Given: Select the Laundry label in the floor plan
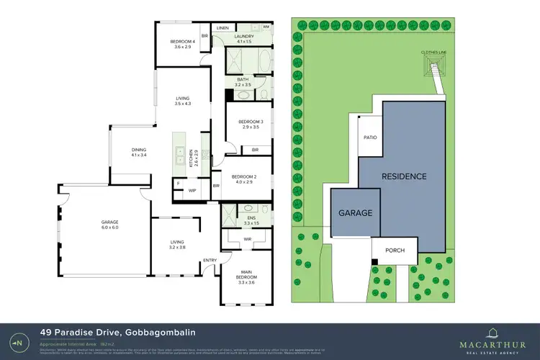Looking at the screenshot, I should (x=246, y=38).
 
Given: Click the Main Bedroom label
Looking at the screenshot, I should (x=246, y=274).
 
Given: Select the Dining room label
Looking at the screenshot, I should (x=139, y=152).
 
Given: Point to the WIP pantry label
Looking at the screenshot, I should (x=192, y=190).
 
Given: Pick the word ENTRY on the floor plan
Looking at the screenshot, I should (x=210, y=260).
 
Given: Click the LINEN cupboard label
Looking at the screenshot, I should (x=222, y=28).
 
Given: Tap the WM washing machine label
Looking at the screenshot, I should (x=266, y=27).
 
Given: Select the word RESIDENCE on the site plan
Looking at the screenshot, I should (x=404, y=176).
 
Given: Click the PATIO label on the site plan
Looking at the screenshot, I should (x=370, y=137).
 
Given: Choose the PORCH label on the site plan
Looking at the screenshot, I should (x=395, y=251).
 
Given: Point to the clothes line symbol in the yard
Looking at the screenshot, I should (x=433, y=71).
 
